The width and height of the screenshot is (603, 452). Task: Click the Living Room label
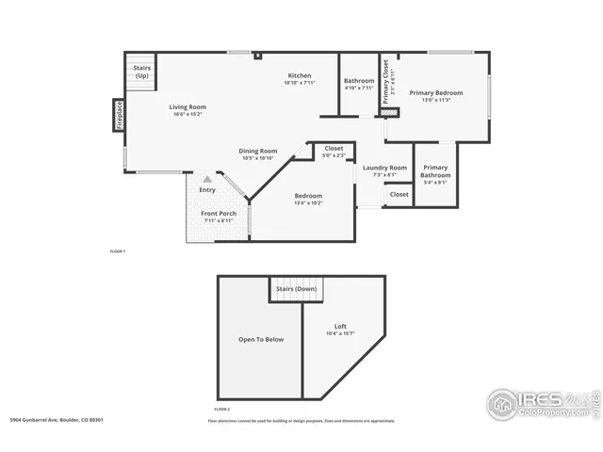[x=187, y=107]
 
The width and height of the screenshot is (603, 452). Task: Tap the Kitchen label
[x=300, y=75]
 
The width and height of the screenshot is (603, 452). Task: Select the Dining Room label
[x=257, y=151]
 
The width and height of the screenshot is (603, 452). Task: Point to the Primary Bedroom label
[x=435, y=92]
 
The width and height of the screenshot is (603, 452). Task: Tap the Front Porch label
[x=218, y=214]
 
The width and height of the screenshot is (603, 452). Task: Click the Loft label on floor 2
[x=340, y=327]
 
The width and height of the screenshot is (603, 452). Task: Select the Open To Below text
[x=260, y=339]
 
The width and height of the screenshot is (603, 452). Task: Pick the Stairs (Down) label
[x=296, y=289]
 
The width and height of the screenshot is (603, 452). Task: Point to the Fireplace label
[x=120, y=114]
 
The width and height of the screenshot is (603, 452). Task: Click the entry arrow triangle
[x=207, y=178]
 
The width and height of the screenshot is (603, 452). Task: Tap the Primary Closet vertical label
[x=385, y=82]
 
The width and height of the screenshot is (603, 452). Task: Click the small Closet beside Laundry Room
[x=399, y=194]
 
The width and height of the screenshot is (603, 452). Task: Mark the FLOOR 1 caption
[x=118, y=251]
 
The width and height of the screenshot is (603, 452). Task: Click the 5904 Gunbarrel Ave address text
[x=56, y=420]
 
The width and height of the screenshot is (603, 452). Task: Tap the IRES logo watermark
[x=540, y=403]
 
